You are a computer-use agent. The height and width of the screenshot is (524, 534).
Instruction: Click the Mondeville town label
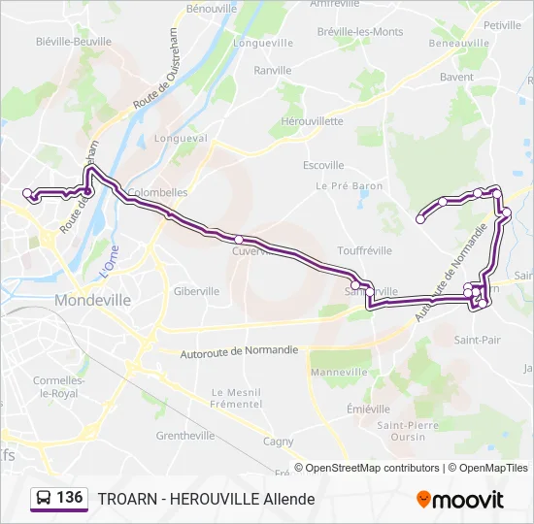93,301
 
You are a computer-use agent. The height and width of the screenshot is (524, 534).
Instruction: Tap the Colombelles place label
157,193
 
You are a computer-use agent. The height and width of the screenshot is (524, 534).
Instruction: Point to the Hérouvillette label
312,121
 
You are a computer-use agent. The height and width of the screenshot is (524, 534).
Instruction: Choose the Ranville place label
272,71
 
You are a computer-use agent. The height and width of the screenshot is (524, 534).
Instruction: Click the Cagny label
279,442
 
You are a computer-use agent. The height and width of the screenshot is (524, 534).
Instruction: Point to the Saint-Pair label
478,341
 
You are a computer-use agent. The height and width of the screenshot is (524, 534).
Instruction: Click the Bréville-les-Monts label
360,32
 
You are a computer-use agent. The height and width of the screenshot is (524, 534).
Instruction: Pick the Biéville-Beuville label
73,43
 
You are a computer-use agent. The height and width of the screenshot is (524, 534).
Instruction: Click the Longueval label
187,139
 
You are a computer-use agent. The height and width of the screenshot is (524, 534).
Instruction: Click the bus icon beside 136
45,499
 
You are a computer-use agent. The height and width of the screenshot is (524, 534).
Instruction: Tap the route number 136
70,498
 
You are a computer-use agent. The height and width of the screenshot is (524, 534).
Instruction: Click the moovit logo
460,500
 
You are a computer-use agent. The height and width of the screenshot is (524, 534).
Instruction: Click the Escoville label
323,165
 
